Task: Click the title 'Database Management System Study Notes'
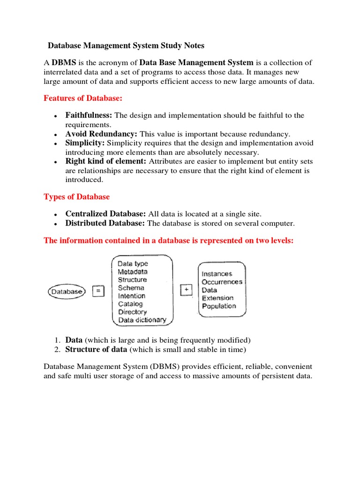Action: [127, 45]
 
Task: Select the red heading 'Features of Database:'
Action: [83, 98]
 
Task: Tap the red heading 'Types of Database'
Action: [76, 196]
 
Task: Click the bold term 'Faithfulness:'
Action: [89, 115]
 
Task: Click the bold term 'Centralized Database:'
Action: [105, 214]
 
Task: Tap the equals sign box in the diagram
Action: [98, 291]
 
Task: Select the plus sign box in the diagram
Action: [187, 290]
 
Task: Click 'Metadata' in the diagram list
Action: [133, 272]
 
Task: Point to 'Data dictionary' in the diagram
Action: [142, 320]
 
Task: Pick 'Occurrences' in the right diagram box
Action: [222, 282]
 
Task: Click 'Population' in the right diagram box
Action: [219, 306]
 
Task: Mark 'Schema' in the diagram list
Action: [131, 288]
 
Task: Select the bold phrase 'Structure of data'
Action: [96, 349]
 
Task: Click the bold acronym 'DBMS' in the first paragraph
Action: [64, 62]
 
